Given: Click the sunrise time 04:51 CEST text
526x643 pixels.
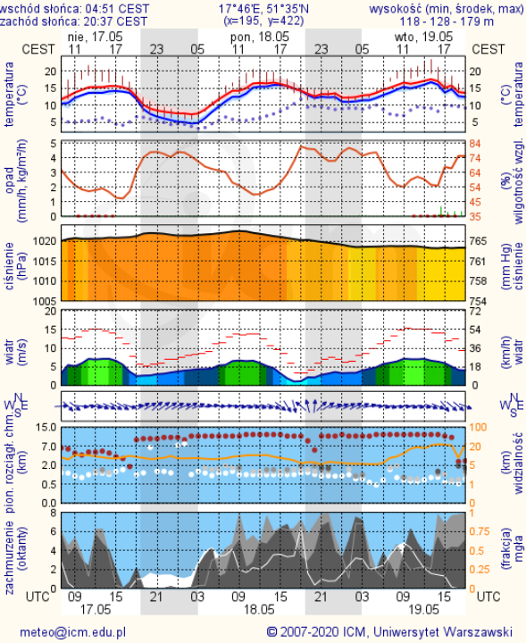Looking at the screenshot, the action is (x=117, y=9).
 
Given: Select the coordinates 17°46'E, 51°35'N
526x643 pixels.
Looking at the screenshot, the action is (x=263, y=9).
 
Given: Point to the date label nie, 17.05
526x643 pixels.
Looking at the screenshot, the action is (x=96, y=37).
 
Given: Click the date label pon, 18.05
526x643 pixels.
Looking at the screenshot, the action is (x=260, y=37).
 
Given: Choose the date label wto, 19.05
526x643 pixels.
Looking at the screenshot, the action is (x=423, y=37).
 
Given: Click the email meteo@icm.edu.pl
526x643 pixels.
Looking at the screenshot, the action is (x=73, y=632).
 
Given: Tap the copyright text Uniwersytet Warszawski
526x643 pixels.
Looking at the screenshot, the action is (x=443, y=631).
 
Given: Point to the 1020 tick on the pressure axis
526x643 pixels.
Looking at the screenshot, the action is (x=45, y=241).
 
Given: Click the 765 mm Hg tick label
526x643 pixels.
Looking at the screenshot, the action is (x=478, y=241).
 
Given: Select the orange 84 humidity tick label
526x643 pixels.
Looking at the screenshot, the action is (x=475, y=144).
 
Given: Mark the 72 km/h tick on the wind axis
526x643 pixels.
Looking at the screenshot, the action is (x=475, y=312).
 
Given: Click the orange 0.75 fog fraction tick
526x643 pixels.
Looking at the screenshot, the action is (x=480, y=531).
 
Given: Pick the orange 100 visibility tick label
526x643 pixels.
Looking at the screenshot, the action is (x=478, y=427).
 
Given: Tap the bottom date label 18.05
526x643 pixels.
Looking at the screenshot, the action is (x=259, y=609).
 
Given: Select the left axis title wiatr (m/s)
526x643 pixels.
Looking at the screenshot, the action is (x=15, y=352).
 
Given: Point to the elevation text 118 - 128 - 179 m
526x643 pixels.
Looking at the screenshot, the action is (x=447, y=21).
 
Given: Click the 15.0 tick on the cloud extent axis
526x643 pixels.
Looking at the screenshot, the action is (x=46, y=427).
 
